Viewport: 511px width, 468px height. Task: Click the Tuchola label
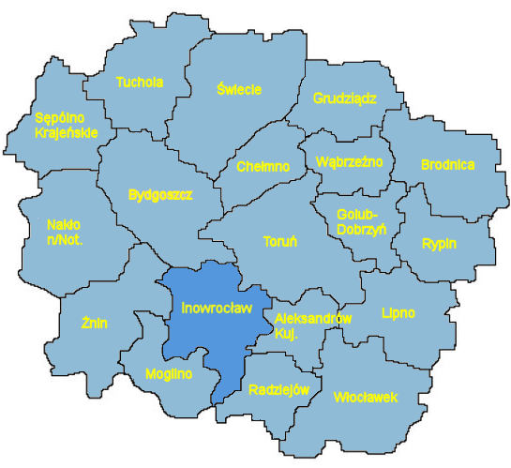pyautogui.click(x=139, y=83)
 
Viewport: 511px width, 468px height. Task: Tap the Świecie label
pyautogui.click(x=238, y=89)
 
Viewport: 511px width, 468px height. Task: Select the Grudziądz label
pyautogui.click(x=344, y=97)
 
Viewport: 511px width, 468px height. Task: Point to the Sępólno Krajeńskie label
pyautogui.click(x=66, y=126)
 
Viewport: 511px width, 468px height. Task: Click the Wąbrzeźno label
pyautogui.click(x=350, y=161)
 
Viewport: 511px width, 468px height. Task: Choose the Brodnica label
pyautogui.click(x=447, y=165)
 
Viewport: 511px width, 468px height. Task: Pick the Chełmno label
pyautogui.click(x=263, y=167)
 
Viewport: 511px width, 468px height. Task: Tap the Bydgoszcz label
pyautogui.click(x=159, y=195)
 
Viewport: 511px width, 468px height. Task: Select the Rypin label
pyautogui.click(x=439, y=244)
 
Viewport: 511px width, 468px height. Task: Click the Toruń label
pyautogui.click(x=280, y=241)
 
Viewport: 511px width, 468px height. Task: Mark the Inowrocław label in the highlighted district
pyautogui.click(x=205, y=307)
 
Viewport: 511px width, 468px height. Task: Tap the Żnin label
pyautogui.click(x=94, y=324)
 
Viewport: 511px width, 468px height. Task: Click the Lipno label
pyautogui.click(x=398, y=311)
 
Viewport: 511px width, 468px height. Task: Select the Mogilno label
pyautogui.click(x=169, y=374)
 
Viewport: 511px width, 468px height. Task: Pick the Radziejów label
pyautogui.click(x=280, y=390)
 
